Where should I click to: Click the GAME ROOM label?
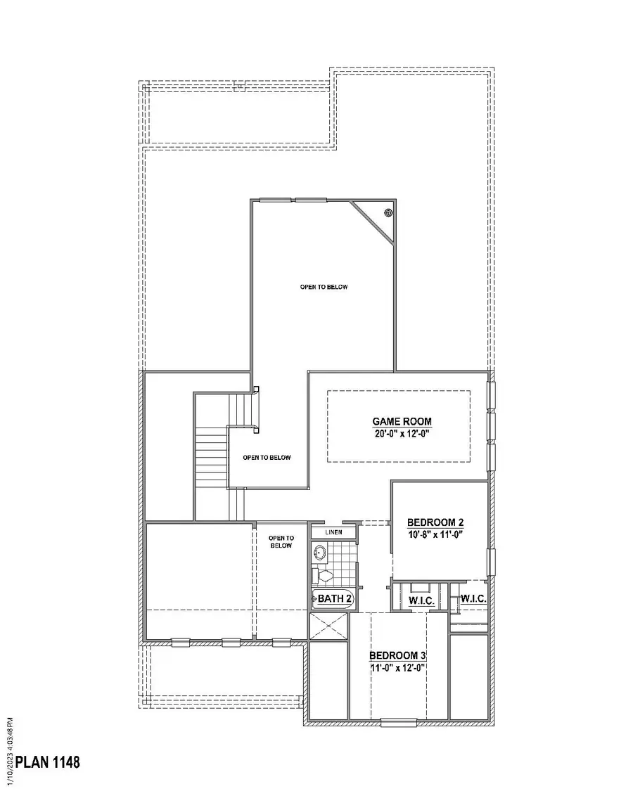402,421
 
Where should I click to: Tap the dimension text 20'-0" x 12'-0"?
402,434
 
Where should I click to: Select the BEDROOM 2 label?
435,522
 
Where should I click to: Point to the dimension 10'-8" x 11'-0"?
435,534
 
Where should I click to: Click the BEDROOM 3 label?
398,655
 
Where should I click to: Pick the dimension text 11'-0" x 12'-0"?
398,667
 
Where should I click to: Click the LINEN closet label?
334,532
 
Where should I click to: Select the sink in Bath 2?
320,553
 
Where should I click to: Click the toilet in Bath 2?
323,576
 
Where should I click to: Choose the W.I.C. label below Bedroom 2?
420,602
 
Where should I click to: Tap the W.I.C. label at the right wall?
471,599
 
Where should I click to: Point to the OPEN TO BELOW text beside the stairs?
267,458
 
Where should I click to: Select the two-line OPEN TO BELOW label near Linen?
281,541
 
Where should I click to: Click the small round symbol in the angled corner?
388,212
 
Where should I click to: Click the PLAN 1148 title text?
48,762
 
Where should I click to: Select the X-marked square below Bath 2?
329,626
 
